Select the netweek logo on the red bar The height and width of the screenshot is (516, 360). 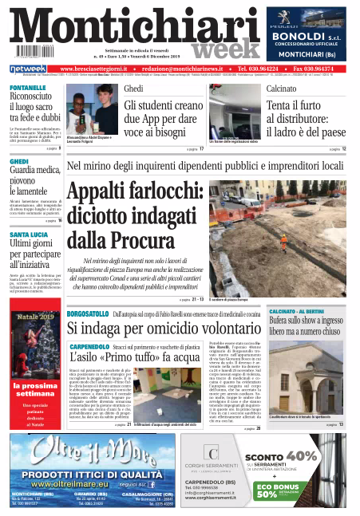click(28, 69)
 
